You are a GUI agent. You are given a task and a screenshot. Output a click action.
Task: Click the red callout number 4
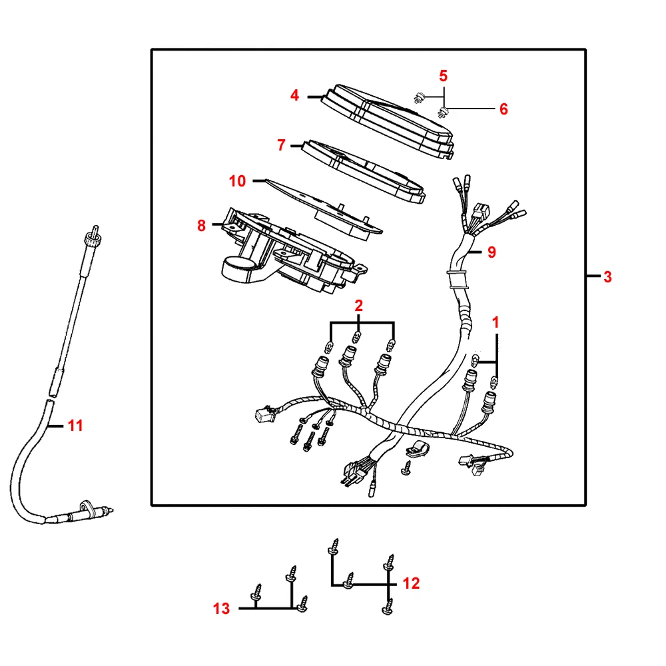click(x=294, y=96)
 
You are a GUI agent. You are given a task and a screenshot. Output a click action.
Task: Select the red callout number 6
click(x=503, y=109)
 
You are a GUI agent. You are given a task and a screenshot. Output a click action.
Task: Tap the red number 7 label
click(x=281, y=145)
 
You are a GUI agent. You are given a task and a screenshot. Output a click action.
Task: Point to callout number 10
click(x=237, y=180)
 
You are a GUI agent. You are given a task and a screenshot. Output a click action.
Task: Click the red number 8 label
click(x=201, y=226)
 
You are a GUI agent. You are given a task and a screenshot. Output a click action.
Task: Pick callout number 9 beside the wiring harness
click(x=492, y=252)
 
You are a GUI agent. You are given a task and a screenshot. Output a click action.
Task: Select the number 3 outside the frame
click(x=607, y=277)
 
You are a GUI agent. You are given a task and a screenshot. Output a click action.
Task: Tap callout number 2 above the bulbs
click(x=359, y=306)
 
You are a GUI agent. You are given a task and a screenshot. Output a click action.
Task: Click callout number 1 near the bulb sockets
click(x=495, y=322)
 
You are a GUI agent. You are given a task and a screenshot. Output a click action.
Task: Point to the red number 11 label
click(x=76, y=425)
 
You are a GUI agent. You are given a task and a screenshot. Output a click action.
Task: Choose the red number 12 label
click(x=412, y=583)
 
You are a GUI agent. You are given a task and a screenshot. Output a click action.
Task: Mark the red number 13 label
click(x=221, y=608)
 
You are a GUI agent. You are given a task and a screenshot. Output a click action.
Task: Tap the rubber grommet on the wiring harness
click(x=456, y=277)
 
